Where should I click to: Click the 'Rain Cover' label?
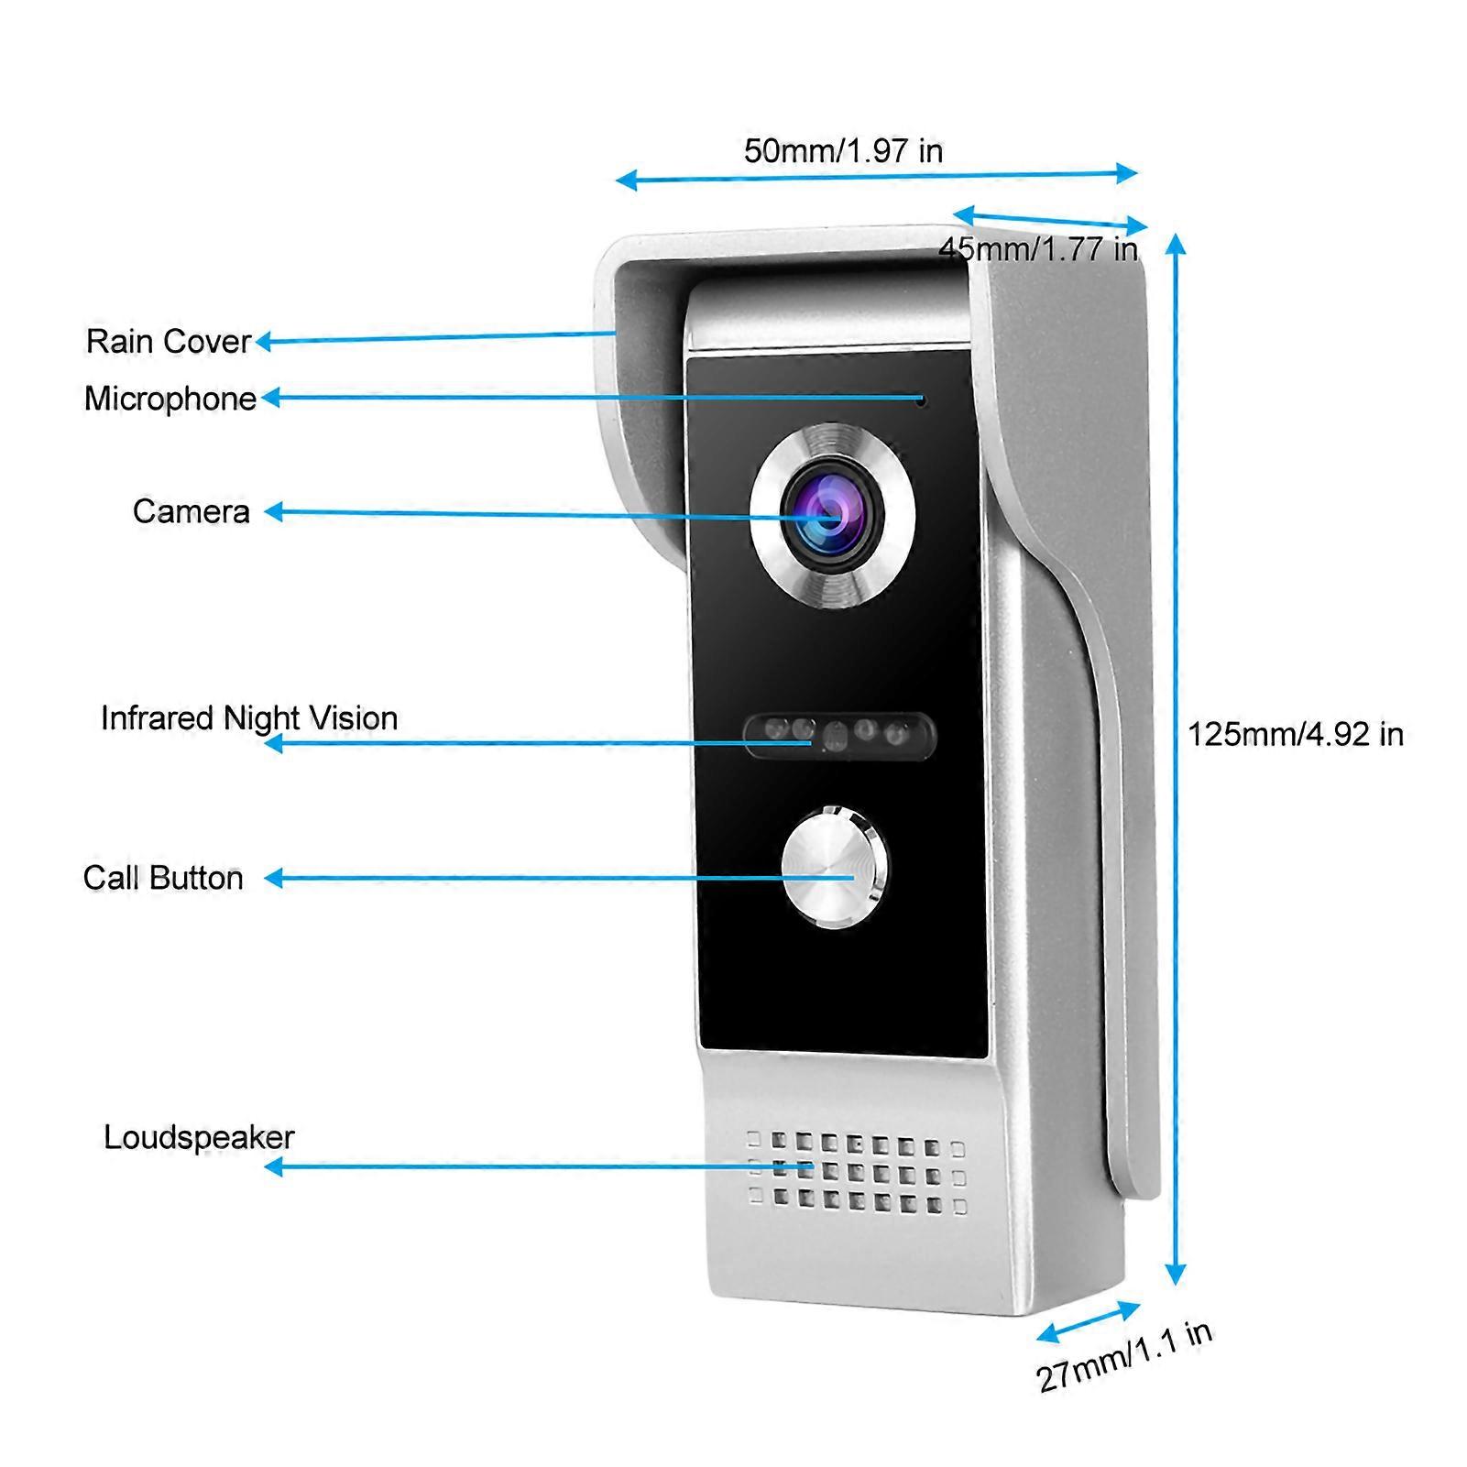pyautogui.click(x=168, y=341)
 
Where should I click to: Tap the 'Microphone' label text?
pyautogui.click(x=170, y=399)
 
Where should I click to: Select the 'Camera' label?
pyautogui.click(x=191, y=511)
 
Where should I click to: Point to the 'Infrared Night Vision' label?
pyautogui.click(x=249, y=718)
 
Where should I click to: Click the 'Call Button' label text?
pyautogui.click(x=163, y=878)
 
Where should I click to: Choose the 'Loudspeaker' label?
pyautogui.click(x=199, y=1137)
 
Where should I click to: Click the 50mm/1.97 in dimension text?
pyautogui.click(x=843, y=151)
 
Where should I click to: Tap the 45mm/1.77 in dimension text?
pyautogui.click(x=1037, y=248)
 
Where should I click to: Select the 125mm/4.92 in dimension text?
pyautogui.click(x=1296, y=734)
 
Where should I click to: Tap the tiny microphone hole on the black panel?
pyautogui.click(x=922, y=400)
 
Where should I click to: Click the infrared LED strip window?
pyautogui.click(x=840, y=736)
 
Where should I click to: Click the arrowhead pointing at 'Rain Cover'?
pyautogui.click(x=263, y=342)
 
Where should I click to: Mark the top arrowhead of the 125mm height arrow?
pyautogui.click(x=1176, y=242)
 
